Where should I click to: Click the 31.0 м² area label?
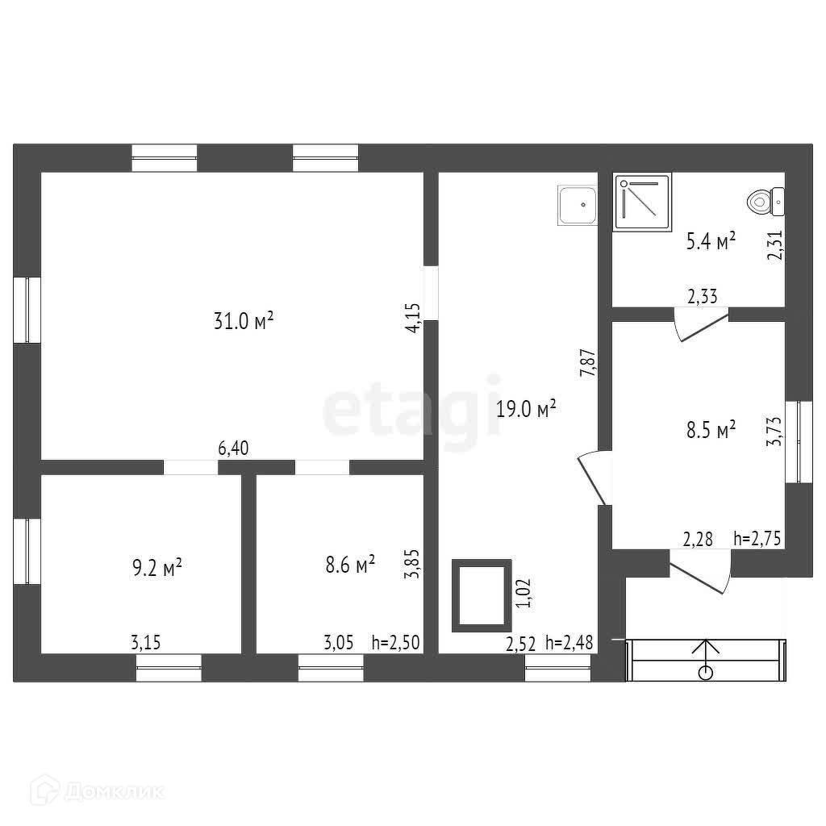click(244, 321)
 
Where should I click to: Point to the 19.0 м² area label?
click(527, 409)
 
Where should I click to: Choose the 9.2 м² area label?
click(156, 569)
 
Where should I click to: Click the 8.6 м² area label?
click(350, 565)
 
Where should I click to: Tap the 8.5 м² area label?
click(711, 429)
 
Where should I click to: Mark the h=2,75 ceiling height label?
click(759, 539)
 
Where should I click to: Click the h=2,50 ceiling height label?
click(397, 643)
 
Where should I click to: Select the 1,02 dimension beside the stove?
click(524, 594)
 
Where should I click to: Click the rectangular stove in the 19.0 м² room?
click(481, 595)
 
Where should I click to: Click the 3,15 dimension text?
click(145, 643)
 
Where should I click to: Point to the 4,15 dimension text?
click(413, 316)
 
